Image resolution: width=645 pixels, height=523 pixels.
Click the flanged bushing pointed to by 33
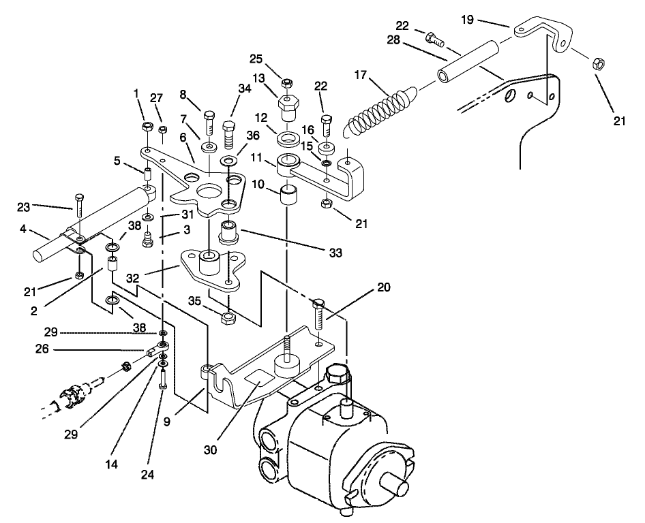coord(227,234)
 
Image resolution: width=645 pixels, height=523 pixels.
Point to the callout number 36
coord(253,136)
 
